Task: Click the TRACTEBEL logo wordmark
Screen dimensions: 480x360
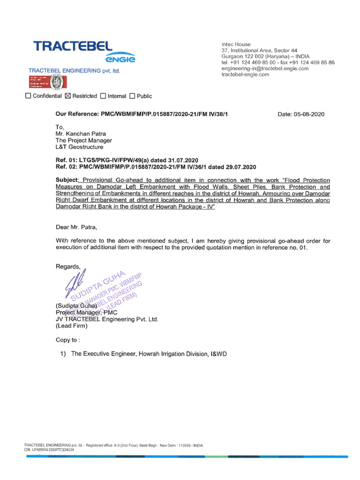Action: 73,46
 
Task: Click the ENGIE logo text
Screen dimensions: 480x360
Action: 120,60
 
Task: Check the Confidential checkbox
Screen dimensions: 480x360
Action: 28,96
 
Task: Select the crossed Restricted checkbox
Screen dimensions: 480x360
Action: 67,96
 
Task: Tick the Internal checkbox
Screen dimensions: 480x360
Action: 103,96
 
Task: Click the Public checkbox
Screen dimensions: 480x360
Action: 132,96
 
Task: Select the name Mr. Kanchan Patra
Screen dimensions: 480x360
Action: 81,134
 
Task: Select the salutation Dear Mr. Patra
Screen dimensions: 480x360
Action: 76,228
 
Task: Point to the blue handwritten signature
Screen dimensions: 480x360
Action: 78,284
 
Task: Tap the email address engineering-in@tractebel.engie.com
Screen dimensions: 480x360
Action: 265,68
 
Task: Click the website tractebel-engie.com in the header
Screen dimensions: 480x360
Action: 245,75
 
